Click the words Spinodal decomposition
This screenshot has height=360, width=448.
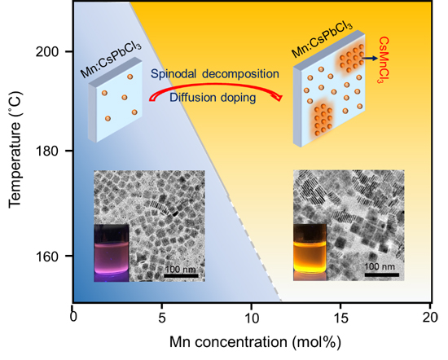[215, 74]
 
